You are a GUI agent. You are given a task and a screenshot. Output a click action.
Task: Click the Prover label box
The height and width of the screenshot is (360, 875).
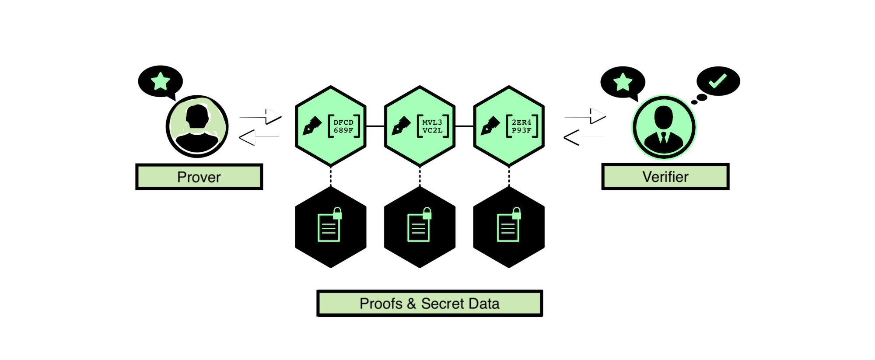[199, 177]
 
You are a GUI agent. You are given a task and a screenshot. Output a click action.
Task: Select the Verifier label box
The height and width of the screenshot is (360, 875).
[665, 177]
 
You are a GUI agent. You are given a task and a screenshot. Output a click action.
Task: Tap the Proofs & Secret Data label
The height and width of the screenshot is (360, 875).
[429, 303]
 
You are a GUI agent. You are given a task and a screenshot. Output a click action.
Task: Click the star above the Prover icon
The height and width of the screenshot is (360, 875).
[161, 81]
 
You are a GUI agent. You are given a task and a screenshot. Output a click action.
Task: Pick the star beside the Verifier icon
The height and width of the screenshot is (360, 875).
[623, 82]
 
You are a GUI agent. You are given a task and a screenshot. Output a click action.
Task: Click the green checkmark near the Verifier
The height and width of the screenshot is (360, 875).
[717, 81]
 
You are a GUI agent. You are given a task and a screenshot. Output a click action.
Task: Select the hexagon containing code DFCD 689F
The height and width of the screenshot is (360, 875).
[331, 126]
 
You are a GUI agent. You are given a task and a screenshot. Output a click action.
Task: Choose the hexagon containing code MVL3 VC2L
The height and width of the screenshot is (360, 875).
[420, 126]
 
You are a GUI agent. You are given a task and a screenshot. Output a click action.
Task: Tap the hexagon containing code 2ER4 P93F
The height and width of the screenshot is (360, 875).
[509, 126]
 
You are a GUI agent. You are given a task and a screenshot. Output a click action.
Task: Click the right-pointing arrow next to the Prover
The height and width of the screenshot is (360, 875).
[257, 115]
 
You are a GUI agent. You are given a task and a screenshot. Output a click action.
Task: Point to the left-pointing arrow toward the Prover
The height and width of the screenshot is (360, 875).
[261, 138]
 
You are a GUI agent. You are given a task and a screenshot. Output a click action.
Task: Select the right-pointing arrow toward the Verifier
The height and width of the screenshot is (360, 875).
[582, 115]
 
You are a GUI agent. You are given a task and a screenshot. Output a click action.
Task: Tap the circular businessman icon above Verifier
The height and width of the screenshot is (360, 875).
[664, 127]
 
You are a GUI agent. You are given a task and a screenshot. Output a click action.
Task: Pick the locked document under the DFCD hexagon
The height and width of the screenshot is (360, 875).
[329, 225]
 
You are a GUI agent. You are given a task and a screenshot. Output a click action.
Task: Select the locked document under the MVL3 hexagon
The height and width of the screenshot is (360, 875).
[419, 225]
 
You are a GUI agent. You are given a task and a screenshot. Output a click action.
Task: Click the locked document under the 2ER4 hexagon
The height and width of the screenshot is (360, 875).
[509, 225]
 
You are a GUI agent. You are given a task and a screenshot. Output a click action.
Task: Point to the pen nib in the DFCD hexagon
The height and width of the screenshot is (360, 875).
[311, 126]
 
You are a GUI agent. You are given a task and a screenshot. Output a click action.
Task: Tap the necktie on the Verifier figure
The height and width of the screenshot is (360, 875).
[664, 137]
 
